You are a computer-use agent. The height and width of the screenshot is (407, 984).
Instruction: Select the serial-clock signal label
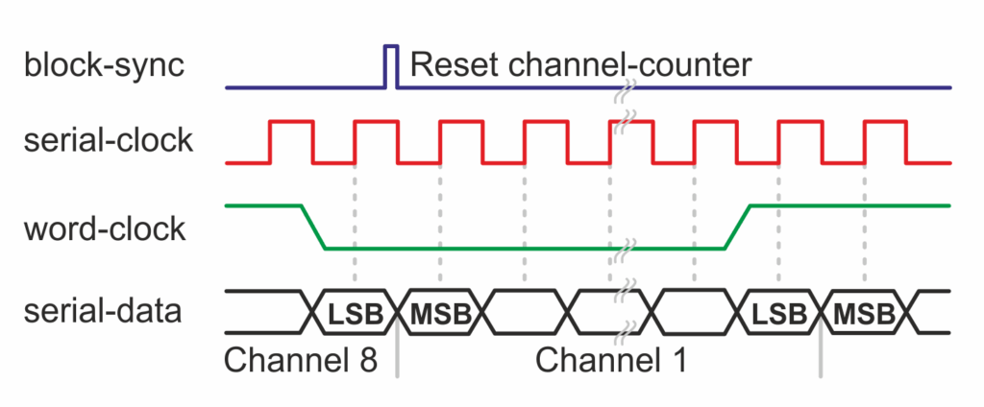point(108,141)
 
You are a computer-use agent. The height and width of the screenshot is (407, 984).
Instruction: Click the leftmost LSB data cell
point(355,312)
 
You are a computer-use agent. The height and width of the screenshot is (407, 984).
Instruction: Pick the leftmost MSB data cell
point(439,312)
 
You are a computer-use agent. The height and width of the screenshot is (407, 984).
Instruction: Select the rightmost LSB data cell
point(778,312)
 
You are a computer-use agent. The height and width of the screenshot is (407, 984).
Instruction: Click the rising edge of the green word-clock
point(737,227)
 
